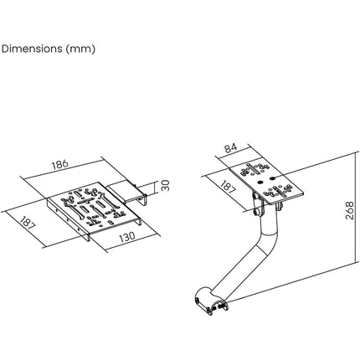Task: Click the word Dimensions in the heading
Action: tap(32, 49)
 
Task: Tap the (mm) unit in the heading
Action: tap(80, 49)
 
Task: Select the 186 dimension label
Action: tap(60, 164)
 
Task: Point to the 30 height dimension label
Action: tap(166, 185)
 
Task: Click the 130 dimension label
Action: tap(127, 237)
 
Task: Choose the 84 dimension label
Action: tap(231, 148)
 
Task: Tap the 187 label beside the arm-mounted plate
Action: tap(228, 187)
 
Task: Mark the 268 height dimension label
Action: tap(349, 210)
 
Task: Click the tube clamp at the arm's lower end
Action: tap(210, 301)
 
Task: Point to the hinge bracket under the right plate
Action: tap(257, 205)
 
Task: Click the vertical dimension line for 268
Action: tap(357, 207)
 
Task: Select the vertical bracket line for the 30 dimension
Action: tap(154, 188)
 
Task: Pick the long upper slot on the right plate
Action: tap(252, 169)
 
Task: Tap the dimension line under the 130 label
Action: tap(133, 242)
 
